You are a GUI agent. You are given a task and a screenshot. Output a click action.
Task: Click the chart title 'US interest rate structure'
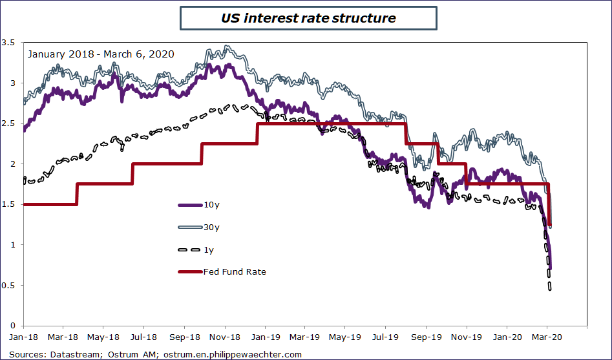point(308,18)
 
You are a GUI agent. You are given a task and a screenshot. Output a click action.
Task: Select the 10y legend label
point(211,205)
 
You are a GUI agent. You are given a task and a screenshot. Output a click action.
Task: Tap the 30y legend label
point(212,227)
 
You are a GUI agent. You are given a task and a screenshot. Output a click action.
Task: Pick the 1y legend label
point(209,249)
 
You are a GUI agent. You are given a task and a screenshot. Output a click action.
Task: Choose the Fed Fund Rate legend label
point(235,271)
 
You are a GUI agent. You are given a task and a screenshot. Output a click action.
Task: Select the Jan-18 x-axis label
point(23,337)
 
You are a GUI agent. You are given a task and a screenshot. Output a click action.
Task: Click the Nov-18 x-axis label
point(224,337)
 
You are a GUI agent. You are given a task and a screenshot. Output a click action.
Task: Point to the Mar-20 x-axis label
point(547,337)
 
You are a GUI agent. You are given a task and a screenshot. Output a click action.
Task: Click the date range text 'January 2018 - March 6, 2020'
point(101,54)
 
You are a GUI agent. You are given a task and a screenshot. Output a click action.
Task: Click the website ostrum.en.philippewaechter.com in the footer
point(233,354)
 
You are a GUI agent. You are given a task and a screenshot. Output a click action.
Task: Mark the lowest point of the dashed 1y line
point(549,289)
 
